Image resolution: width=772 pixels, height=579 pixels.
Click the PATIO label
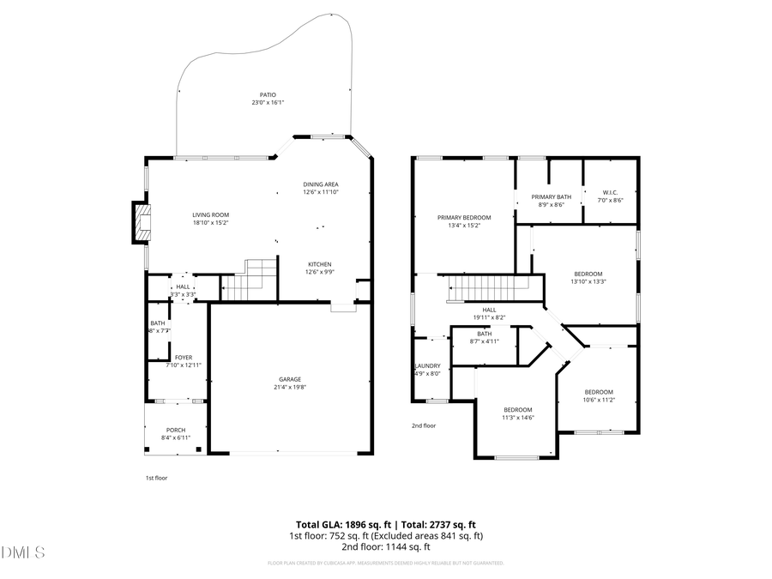tap(268, 95)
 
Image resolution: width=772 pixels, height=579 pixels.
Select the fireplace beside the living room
tap(140, 222)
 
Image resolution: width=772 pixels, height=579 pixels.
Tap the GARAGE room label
tap(289, 379)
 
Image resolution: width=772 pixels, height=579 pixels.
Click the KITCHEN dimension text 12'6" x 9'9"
tap(319, 272)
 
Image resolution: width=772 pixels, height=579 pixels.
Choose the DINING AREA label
tap(321, 184)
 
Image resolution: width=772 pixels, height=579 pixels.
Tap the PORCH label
tap(175, 430)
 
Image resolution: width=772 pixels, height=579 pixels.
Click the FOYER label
tap(184, 357)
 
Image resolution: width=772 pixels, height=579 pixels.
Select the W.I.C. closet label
tap(610, 192)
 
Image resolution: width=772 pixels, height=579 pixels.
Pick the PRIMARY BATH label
tap(551, 197)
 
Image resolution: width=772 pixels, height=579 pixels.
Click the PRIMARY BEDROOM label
tap(464, 218)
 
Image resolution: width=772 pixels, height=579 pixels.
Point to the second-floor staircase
tap(488, 289)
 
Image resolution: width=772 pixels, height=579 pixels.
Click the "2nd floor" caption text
tap(424, 425)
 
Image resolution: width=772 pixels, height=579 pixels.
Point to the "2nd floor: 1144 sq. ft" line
tap(385, 546)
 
